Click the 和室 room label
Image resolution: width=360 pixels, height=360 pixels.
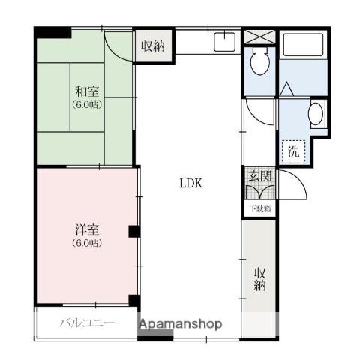click(x=87, y=91)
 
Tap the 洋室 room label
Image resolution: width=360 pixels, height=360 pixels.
click(x=87, y=229)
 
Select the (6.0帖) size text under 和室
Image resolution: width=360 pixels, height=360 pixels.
click(x=87, y=105)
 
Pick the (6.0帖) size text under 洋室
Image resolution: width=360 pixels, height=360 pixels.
click(x=87, y=243)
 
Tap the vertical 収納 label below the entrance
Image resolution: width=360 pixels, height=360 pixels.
click(x=260, y=278)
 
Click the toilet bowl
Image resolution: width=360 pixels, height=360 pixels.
click(x=260, y=62)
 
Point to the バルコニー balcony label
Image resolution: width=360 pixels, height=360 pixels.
click(x=87, y=324)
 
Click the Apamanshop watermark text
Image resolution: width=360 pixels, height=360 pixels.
click(x=180, y=324)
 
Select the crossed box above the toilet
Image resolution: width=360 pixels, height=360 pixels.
click(x=260, y=36)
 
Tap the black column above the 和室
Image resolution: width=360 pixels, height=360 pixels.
click(x=52, y=33)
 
